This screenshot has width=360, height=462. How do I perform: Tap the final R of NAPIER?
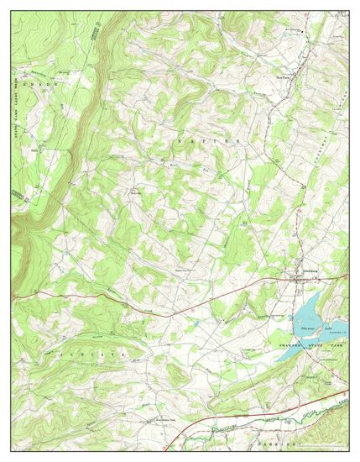click(239, 143)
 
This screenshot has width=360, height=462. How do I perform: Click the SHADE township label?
click(38, 84)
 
